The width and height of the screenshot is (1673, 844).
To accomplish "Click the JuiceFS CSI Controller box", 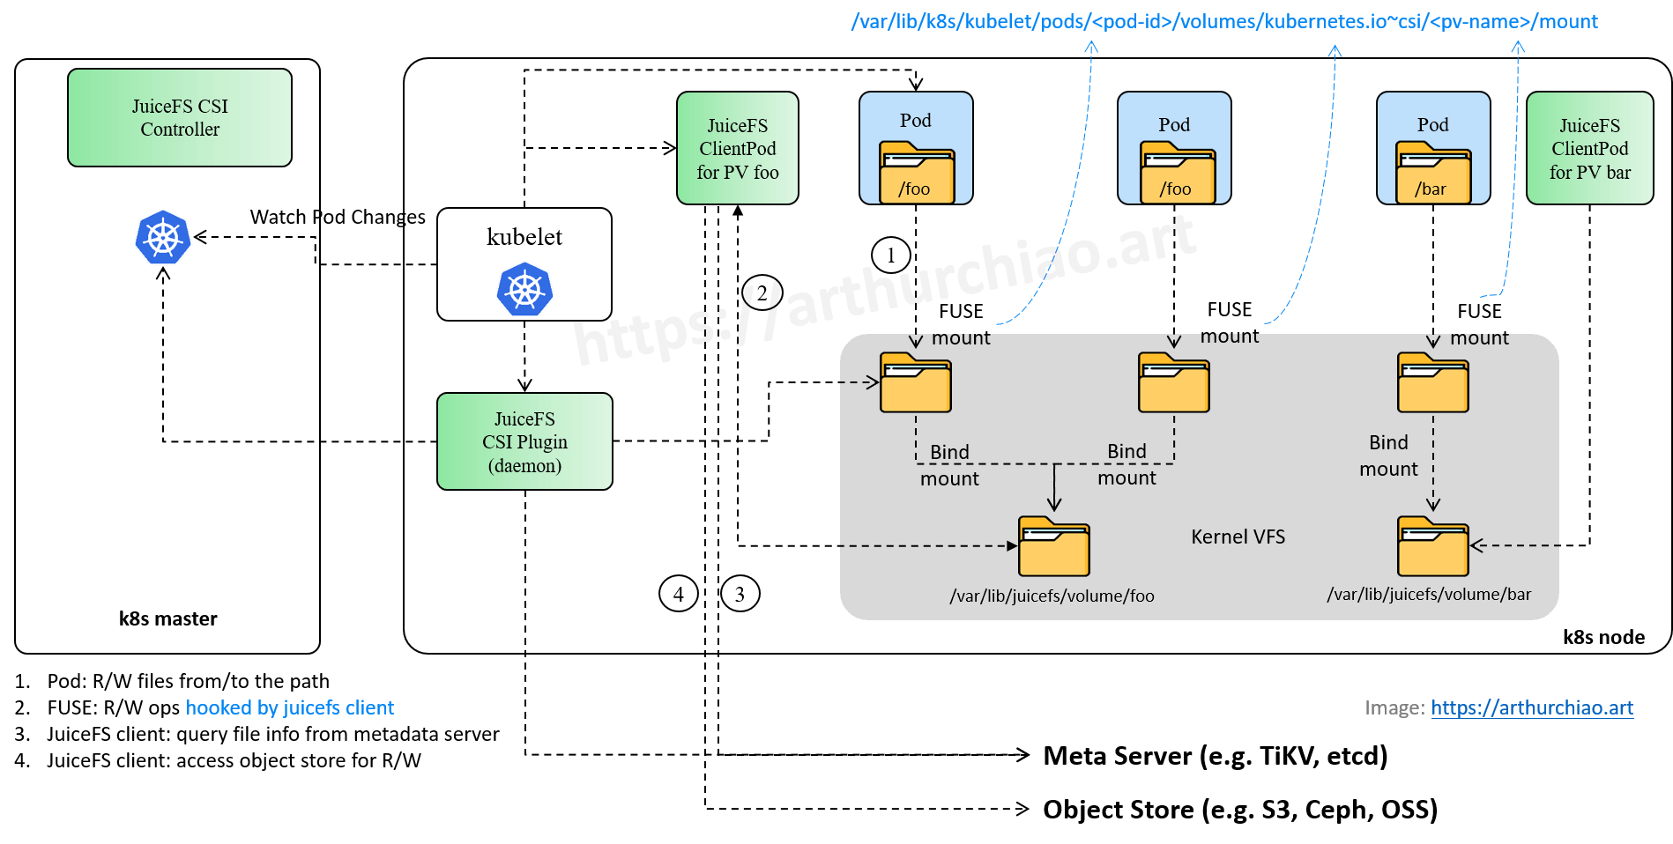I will pos(180,117).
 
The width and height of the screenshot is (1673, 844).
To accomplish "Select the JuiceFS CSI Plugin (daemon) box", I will pos(524,441).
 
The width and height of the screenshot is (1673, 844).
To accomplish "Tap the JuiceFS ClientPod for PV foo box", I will pos(738,148).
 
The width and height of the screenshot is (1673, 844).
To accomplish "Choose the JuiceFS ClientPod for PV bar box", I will pos(1589,148).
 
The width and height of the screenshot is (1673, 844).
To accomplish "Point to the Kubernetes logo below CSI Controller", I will pos(163,238).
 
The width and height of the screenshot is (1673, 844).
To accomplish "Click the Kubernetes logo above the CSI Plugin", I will pos(524,289).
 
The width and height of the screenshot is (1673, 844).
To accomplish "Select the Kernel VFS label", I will pos(1238,537).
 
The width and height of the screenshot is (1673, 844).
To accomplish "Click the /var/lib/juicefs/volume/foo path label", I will pos(1052,596).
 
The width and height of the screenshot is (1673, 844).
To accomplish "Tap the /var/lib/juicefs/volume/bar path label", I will pos(1429,595).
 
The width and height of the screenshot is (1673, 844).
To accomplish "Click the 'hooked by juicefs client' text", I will pos(289,707).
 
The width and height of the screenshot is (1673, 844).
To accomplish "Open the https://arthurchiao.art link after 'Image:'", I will pos(1532,707).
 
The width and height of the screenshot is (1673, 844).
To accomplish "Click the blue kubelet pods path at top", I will pos(1224,21).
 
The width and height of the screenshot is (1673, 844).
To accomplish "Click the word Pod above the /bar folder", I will pos(1433,125).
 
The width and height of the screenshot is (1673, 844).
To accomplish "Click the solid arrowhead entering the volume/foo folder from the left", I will pos(1013,546).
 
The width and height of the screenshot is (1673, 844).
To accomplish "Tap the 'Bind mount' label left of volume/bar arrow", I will pos(1388,455).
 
